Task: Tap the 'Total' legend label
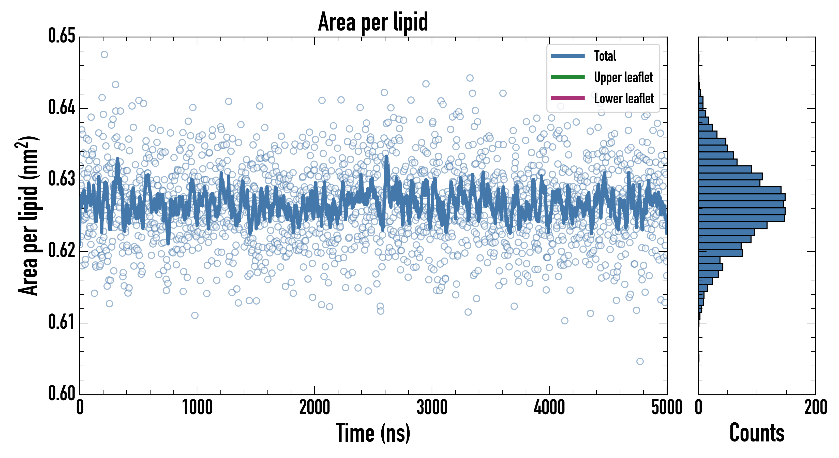point(605,56)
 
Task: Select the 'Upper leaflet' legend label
point(623,77)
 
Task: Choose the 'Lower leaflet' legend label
point(624,98)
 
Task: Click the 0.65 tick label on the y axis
point(62,36)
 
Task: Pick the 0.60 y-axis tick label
point(62,393)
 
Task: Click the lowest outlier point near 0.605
point(640,361)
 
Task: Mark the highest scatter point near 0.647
point(104,54)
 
